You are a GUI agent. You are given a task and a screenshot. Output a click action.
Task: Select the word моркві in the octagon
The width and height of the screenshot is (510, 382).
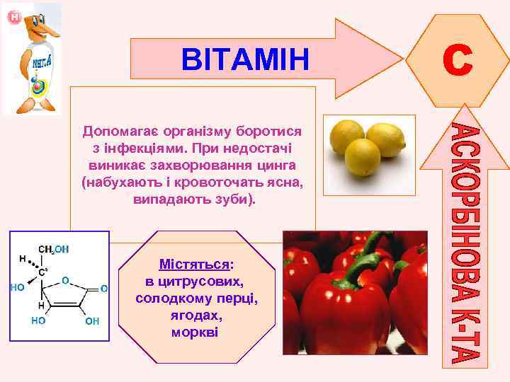coord(196,332)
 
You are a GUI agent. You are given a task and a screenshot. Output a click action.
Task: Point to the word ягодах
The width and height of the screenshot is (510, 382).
coord(196,315)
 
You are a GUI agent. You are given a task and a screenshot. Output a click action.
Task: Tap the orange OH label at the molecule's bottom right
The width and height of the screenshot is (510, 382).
coord(92,321)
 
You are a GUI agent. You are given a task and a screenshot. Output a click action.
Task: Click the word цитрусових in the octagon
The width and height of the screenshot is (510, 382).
coord(204,282)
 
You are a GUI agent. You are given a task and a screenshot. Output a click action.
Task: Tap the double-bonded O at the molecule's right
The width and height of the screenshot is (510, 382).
coord(103,289)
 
